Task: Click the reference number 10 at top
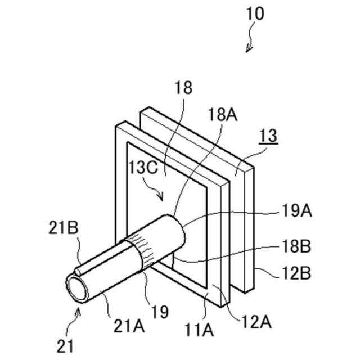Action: tap(253, 13)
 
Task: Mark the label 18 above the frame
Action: tap(183, 88)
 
